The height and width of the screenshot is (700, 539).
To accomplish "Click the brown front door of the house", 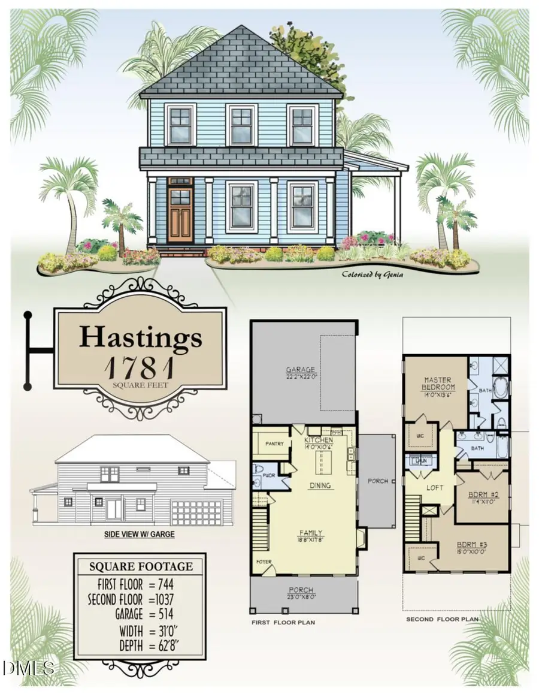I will (180, 214).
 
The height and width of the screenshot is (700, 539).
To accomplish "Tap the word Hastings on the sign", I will (141, 337).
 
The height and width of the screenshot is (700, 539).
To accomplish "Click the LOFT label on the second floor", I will (435, 488).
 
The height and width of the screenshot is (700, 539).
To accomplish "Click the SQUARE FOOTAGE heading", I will (141, 566).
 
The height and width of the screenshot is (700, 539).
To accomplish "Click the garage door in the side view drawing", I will (196, 513).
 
